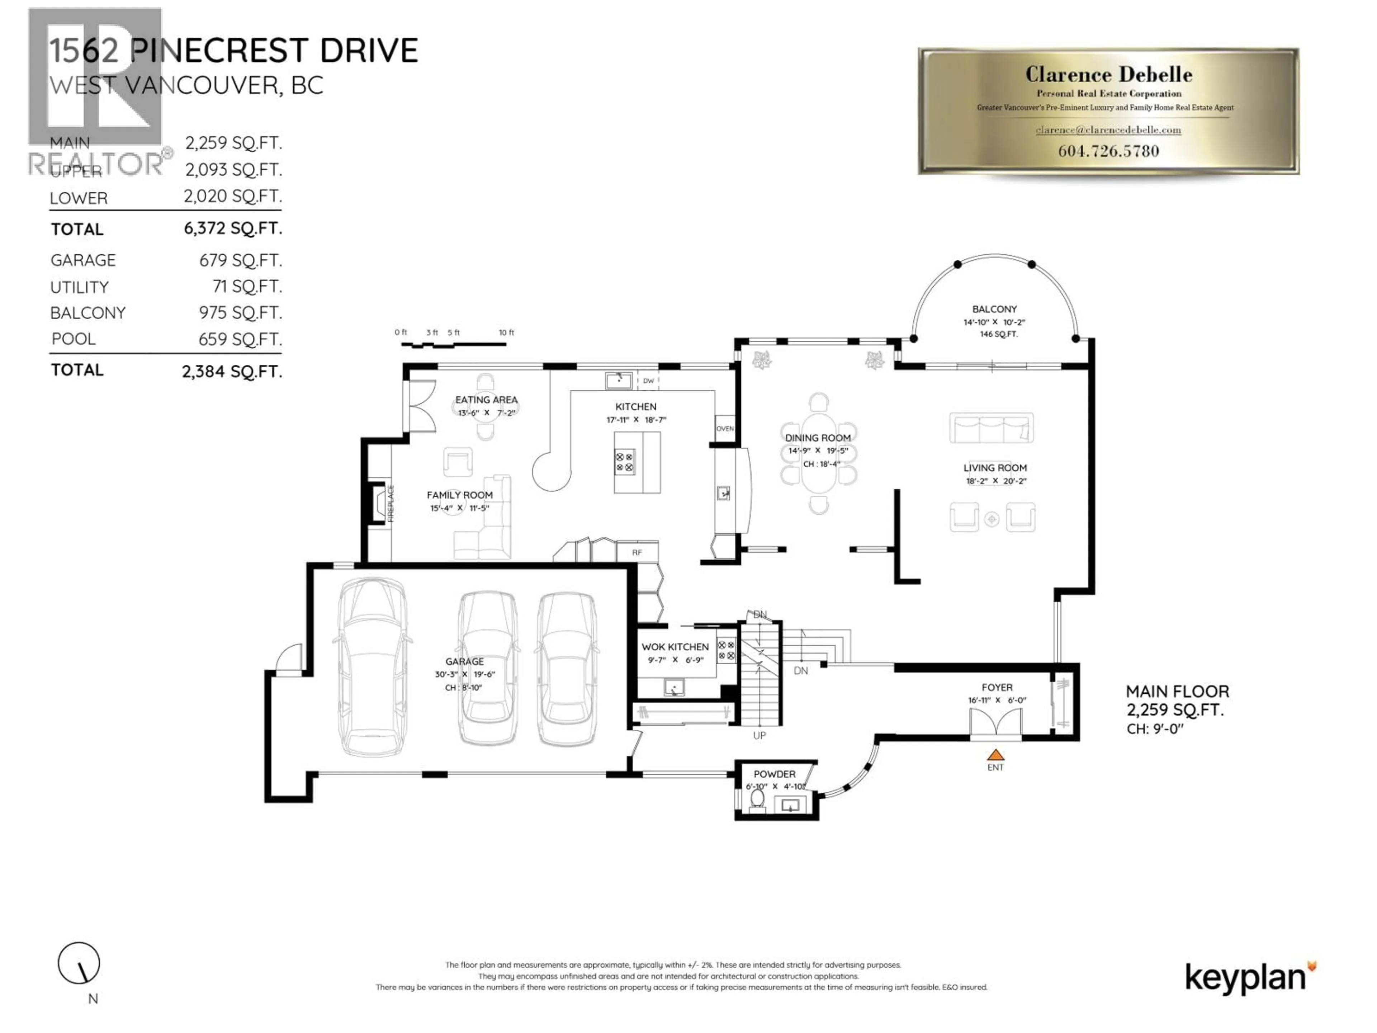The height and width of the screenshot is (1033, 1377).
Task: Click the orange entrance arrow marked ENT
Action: click(x=995, y=755)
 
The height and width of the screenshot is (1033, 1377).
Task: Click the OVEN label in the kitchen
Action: click(x=725, y=428)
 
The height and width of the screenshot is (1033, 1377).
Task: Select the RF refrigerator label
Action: click(x=637, y=552)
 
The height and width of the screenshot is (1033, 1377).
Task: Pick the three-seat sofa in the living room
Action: click(x=991, y=428)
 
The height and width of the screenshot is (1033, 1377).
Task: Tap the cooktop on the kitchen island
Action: click(x=624, y=462)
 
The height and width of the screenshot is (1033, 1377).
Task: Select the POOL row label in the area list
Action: click(x=74, y=339)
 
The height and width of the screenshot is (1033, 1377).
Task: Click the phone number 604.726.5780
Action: click(x=1108, y=151)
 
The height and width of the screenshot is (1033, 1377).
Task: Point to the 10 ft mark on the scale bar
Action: click(x=506, y=332)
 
